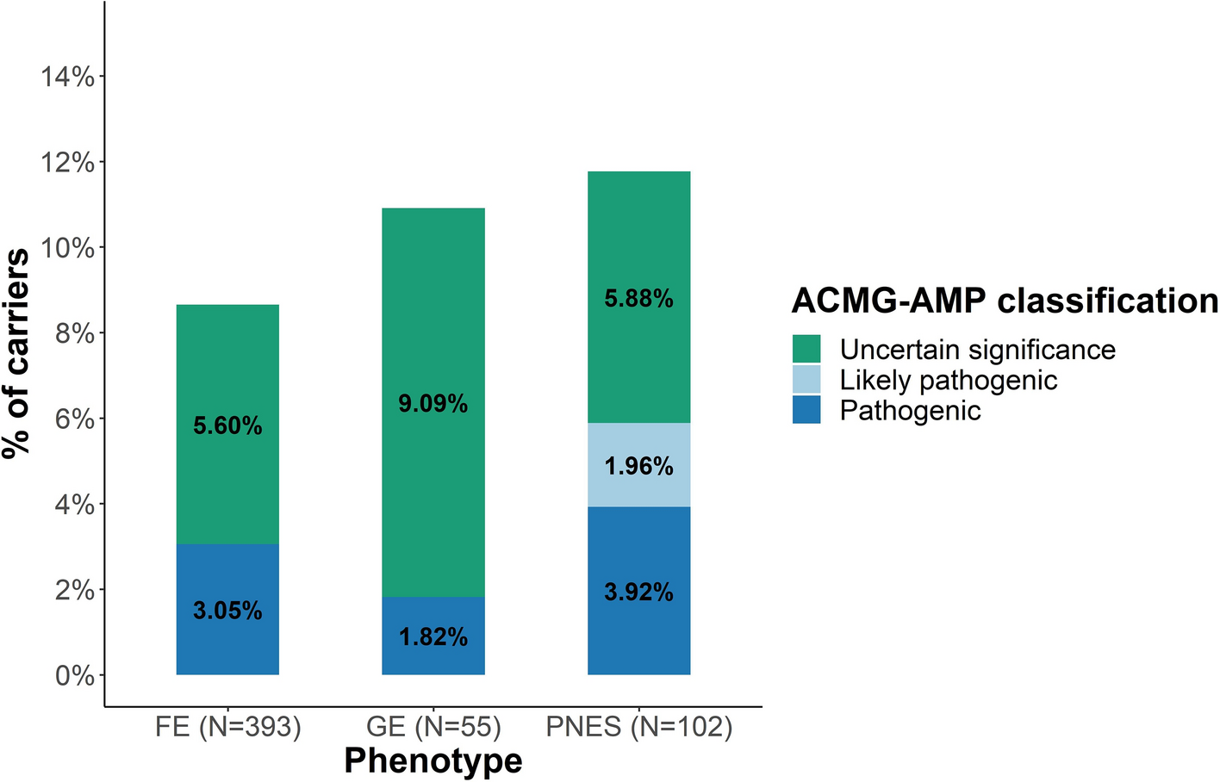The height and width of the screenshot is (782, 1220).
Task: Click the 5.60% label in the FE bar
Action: (x=227, y=425)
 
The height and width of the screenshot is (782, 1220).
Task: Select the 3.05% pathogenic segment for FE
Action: (x=227, y=610)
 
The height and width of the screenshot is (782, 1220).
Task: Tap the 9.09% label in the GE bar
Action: (x=433, y=403)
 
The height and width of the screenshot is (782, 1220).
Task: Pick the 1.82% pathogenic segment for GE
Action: (x=433, y=636)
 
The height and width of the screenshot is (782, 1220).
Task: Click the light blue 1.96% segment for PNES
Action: (x=638, y=466)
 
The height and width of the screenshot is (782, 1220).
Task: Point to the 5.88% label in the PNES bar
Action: (x=638, y=299)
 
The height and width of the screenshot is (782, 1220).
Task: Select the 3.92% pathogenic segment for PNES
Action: (x=638, y=592)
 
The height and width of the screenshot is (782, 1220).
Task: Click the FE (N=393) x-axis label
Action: (x=228, y=727)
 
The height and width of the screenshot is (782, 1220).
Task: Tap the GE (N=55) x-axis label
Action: (x=433, y=727)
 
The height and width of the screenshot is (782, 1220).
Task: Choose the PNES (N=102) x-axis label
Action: (x=639, y=727)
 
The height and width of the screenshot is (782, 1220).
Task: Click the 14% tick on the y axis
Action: (x=67, y=78)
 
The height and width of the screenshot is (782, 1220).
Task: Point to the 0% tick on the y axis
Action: (x=74, y=675)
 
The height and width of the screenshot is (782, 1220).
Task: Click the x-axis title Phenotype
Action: (x=433, y=760)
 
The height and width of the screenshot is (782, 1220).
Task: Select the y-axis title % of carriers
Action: (x=16, y=353)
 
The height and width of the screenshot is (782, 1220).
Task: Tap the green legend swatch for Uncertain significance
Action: (x=806, y=350)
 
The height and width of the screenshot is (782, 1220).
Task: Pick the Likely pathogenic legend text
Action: (x=948, y=380)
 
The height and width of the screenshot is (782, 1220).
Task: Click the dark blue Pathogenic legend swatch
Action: (x=806, y=410)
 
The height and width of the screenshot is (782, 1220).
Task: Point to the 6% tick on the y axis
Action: (x=74, y=419)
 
